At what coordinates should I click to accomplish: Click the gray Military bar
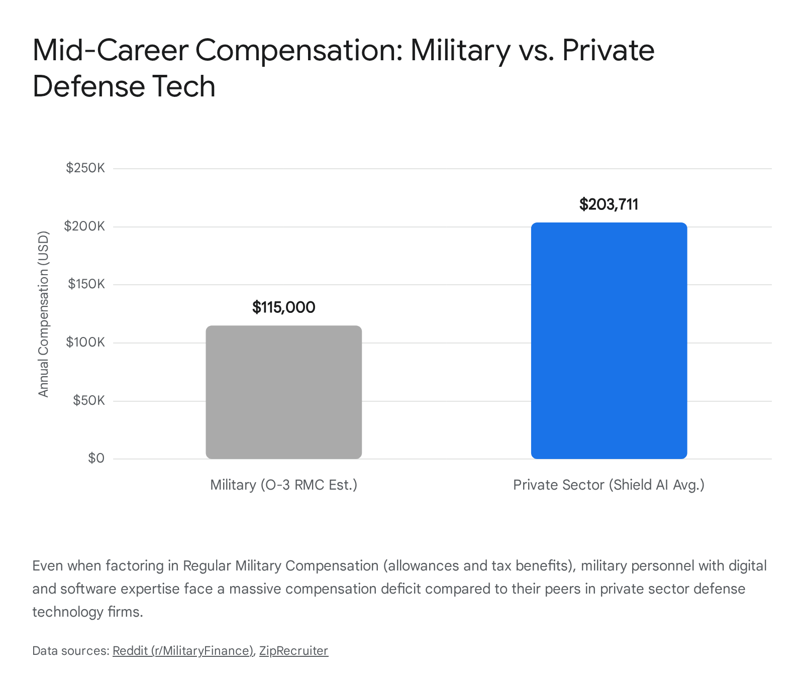[x=284, y=392]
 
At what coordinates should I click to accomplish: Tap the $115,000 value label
[x=284, y=307]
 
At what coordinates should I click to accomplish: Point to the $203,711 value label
[x=609, y=204]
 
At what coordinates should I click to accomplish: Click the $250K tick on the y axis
[x=85, y=168]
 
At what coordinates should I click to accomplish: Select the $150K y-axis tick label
[x=86, y=284]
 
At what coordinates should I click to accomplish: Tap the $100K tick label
[x=85, y=342]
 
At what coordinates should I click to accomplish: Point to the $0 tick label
[x=96, y=458]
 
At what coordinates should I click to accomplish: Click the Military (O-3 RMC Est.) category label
[x=284, y=485]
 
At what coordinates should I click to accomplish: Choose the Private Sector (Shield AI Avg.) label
[x=609, y=485]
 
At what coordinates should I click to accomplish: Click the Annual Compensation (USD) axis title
[x=44, y=314]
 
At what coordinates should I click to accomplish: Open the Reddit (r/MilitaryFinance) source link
[x=183, y=651]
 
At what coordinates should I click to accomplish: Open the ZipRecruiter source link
[x=293, y=651]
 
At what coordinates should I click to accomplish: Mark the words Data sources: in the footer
[x=70, y=651]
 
